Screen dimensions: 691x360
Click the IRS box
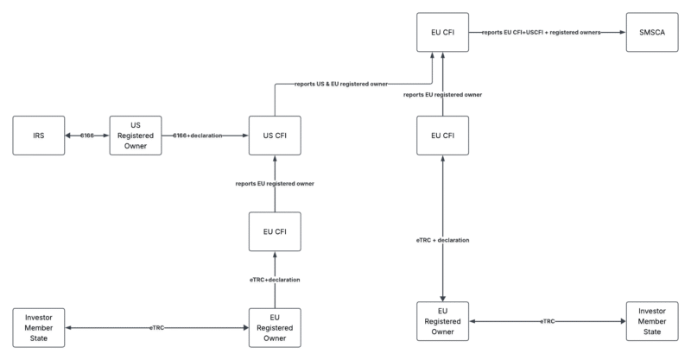(x=39, y=136)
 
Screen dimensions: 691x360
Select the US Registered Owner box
(x=136, y=136)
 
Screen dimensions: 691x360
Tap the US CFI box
(x=275, y=136)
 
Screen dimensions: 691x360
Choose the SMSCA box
(x=652, y=32)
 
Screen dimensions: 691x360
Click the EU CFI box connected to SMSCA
(x=443, y=32)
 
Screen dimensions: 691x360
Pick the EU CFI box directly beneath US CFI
(x=275, y=231)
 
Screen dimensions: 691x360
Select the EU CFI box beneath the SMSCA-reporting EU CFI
(x=443, y=136)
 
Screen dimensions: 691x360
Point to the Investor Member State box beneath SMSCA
(x=652, y=321)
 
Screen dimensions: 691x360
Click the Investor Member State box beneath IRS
(x=39, y=328)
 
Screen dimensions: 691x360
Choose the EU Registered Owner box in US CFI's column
(x=275, y=328)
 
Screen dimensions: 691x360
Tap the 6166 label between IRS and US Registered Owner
(x=87, y=136)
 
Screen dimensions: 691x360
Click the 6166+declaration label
(x=198, y=136)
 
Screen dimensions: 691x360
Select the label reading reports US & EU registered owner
(x=341, y=84)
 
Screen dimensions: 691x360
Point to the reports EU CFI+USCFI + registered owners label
(x=542, y=32)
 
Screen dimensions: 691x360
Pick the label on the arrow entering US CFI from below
(x=275, y=184)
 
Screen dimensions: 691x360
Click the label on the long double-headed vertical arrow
(x=443, y=240)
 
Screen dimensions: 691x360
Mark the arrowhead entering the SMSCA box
(x=622, y=32)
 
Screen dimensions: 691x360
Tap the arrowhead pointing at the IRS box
(x=69, y=136)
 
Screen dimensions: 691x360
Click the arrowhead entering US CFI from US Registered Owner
(x=245, y=136)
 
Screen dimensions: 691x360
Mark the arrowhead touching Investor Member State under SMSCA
(x=622, y=321)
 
